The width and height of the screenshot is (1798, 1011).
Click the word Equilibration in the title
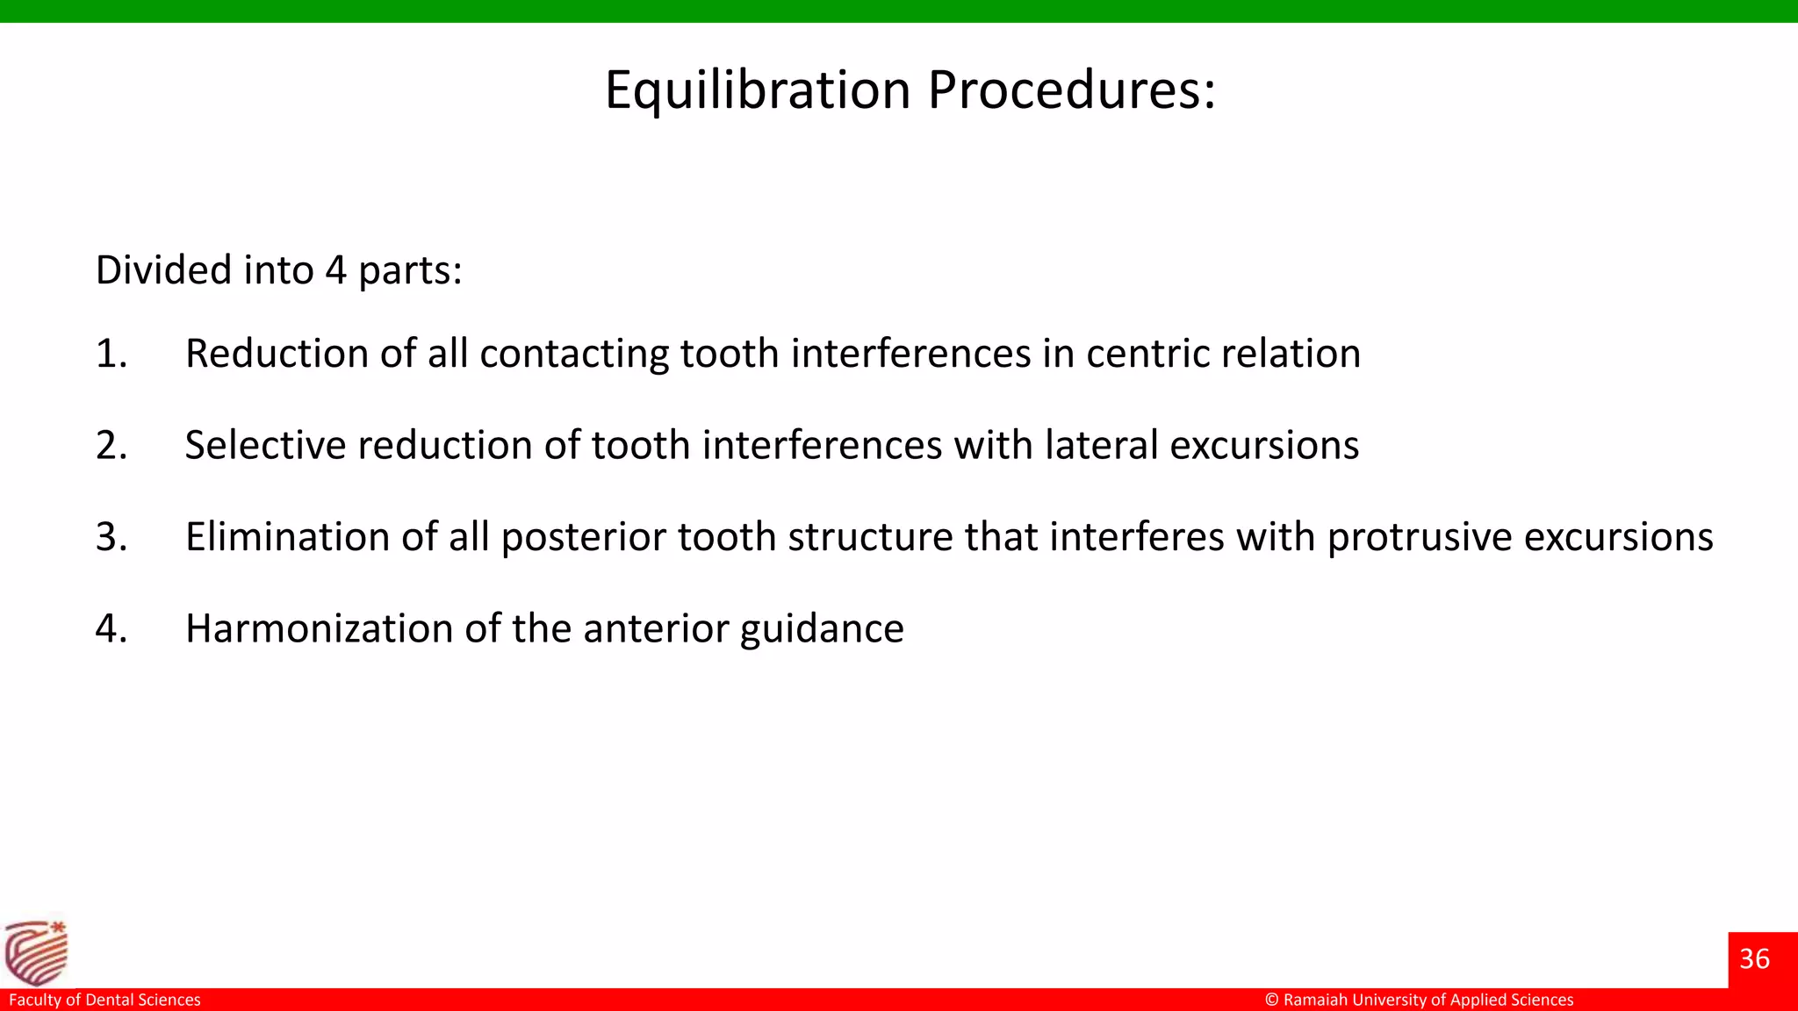click(758, 90)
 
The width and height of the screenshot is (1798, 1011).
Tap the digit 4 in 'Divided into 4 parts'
click(335, 270)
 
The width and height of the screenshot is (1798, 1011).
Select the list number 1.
click(110, 354)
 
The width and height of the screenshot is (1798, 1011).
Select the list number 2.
click(111, 446)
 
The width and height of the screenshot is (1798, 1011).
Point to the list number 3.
click(111, 537)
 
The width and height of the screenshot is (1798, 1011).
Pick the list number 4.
click(111, 629)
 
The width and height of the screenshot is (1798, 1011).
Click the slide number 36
click(1754, 959)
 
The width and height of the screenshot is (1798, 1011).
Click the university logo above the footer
click(36, 952)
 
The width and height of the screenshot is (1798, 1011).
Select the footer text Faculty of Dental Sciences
click(104, 1000)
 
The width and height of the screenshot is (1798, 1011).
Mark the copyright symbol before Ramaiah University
click(1271, 1000)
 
